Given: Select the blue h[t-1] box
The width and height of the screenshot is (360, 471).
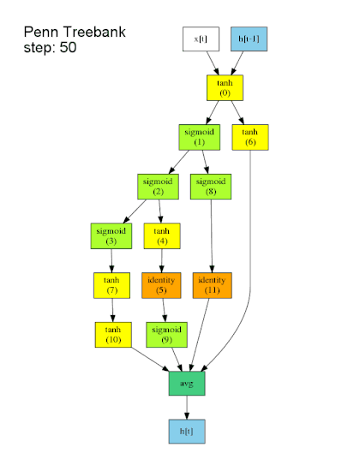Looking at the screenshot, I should coord(249,39).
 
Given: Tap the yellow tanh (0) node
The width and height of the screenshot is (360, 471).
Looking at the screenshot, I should coord(225,88).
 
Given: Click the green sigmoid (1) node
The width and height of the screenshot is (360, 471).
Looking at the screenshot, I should coord(200,137).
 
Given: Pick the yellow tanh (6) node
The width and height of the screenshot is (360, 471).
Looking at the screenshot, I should coord(249,137).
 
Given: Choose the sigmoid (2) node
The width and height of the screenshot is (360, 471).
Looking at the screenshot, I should coord(158,187).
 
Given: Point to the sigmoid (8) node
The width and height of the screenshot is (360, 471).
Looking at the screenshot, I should coord(210,187).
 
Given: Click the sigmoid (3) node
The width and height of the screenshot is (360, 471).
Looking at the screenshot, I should coord(110,236).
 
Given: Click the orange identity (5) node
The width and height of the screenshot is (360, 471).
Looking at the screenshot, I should coord(161,285).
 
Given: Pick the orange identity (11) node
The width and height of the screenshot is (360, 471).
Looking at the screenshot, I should coord(212,285).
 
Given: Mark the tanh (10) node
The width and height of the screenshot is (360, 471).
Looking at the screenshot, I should coord(112,335).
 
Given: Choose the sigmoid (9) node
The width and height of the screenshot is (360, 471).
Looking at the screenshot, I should coord(166,335).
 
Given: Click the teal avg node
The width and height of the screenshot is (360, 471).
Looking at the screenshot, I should coord(186,384).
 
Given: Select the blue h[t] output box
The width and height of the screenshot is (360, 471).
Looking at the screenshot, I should coord(186,433).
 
